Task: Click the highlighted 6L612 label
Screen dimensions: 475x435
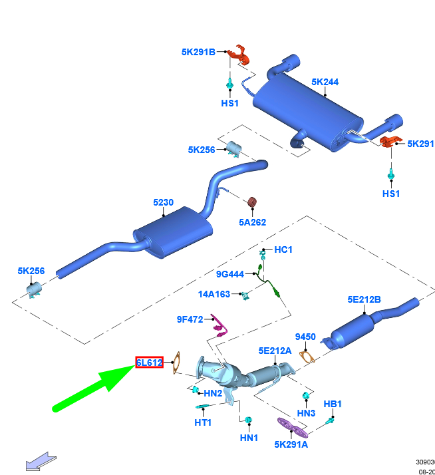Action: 149,363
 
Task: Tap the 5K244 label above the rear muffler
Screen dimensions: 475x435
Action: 325,82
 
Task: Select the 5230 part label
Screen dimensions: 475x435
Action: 163,203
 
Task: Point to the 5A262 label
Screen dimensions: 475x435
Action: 252,222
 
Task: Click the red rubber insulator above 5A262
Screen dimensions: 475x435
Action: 252,202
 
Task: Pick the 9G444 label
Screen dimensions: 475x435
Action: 230,273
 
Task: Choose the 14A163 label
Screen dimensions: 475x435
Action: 214,293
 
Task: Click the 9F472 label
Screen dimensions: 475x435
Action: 190,319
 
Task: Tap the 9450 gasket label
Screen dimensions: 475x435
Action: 305,337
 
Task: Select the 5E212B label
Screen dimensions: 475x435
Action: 364,299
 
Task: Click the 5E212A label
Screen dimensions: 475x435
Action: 275,350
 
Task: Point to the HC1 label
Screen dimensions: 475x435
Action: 283,249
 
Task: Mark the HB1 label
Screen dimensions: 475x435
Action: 333,404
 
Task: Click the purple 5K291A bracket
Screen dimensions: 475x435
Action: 291,426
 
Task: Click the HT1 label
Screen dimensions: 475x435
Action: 203,422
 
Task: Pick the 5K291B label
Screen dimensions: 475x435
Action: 198,51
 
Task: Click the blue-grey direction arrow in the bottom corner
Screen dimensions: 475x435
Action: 41,461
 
